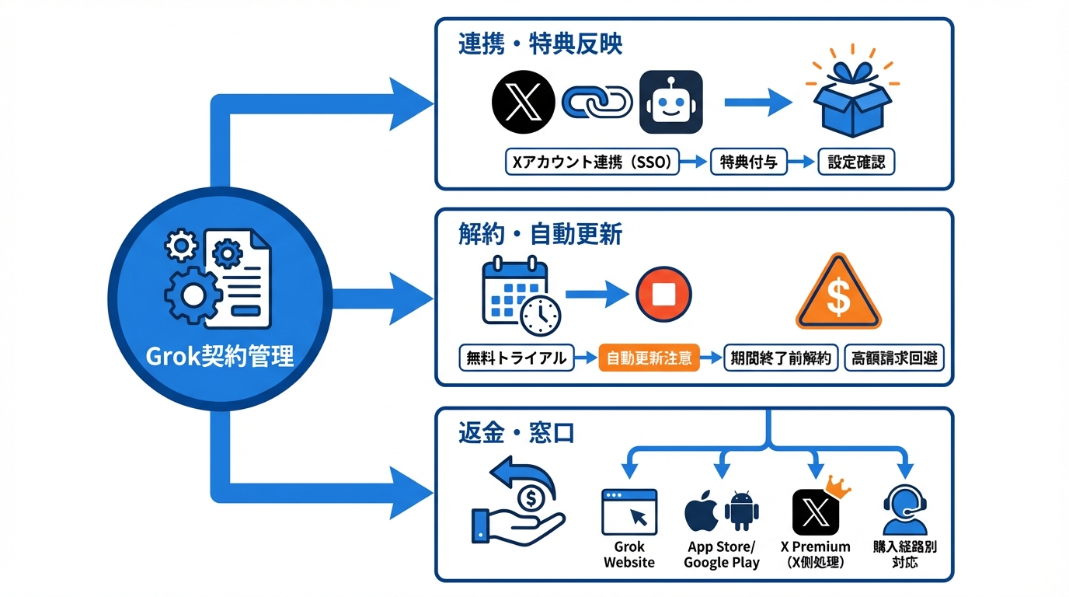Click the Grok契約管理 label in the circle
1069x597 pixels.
(220, 356)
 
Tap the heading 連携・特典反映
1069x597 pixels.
(540, 44)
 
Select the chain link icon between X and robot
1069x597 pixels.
(597, 102)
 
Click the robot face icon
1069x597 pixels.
(670, 102)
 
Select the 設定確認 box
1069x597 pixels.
(856, 162)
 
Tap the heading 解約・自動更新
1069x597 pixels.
(540, 234)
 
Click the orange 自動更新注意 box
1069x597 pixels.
(649, 358)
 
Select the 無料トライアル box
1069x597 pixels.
(516, 358)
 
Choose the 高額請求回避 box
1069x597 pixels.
(893, 358)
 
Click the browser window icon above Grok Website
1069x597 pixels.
(629, 511)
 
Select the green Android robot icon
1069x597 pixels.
(741, 511)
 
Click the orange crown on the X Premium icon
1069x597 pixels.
(838, 487)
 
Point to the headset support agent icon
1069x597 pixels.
(905, 510)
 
